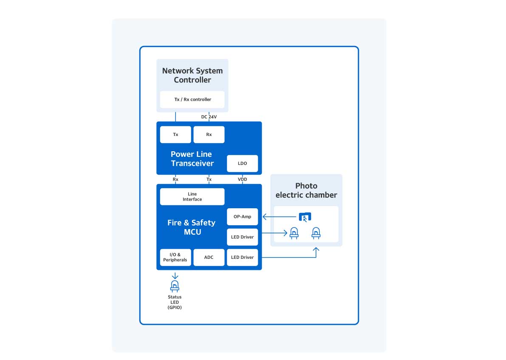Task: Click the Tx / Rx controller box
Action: point(192,99)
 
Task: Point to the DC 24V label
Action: point(209,116)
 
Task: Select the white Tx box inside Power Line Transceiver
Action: point(175,134)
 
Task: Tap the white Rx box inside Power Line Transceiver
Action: point(209,134)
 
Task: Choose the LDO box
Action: point(242,163)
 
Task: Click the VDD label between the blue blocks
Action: point(242,179)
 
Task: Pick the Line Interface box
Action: point(192,197)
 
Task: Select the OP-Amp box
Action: point(242,217)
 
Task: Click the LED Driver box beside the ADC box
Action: point(242,257)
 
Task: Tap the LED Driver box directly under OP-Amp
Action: point(242,237)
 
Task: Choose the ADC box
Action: point(209,257)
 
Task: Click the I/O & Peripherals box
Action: point(175,257)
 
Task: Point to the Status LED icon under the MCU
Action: point(175,286)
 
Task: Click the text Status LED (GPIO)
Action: point(175,302)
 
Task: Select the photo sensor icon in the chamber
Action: point(305,217)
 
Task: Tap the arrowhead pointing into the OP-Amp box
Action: point(264,217)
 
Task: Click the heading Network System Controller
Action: point(192,75)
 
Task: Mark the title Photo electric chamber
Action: point(306,190)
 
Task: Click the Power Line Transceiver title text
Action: point(192,159)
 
